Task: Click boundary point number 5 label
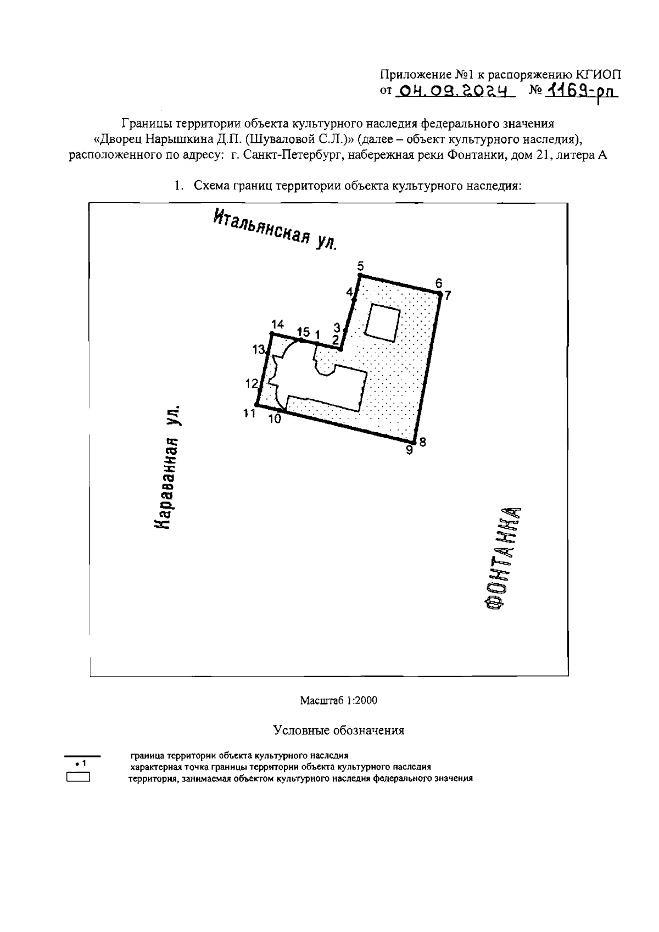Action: coord(360,266)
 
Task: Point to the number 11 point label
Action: coord(250,413)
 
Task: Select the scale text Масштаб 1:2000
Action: coord(338,700)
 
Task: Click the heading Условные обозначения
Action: coord(339,730)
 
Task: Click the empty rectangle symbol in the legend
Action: coord(77,777)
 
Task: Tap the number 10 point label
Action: coord(275,419)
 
